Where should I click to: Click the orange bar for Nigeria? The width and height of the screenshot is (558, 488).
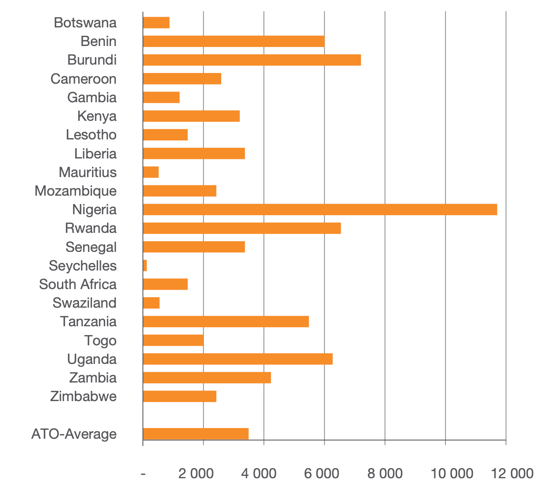(320, 210)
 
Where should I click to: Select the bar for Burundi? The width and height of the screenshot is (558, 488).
(252, 60)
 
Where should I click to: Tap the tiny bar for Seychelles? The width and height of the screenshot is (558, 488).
(145, 266)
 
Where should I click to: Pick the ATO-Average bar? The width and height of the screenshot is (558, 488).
(196, 434)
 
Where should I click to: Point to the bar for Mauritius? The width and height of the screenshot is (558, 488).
(151, 172)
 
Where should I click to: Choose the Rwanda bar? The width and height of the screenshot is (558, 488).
(242, 228)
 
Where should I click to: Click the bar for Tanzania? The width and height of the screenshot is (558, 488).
(226, 322)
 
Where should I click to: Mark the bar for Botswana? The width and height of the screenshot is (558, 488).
(156, 23)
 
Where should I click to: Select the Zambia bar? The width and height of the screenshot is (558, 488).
(207, 377)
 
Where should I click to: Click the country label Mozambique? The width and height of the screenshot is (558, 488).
(75, 191)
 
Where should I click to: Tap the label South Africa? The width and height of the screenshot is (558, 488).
(78, 284)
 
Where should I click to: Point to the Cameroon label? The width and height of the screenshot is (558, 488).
(83, 79)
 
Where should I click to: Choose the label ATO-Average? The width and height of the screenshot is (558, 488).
(74, 434)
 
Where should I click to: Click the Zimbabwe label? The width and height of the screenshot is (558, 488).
(83, 396)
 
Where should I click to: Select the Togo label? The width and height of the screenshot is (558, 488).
(100, 341)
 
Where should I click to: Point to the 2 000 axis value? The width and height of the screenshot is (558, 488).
(196, 474)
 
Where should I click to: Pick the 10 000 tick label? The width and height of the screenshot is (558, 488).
(452, 474)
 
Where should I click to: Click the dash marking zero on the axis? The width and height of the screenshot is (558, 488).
(143, 474)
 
